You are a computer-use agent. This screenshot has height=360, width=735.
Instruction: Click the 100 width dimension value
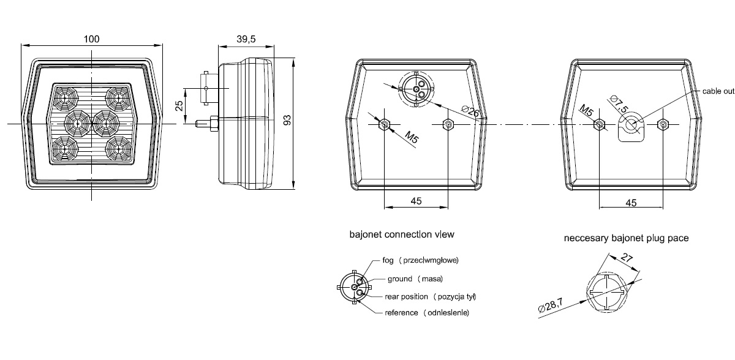coord(91,39)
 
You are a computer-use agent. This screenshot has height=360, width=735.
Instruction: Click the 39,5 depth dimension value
coord(246,39)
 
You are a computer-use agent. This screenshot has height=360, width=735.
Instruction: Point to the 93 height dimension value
coord(287,120)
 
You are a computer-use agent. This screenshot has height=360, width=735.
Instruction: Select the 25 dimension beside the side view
coord(179,106)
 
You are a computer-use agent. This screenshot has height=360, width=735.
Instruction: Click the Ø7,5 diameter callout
coord(619,104)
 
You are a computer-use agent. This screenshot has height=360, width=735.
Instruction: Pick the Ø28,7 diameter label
coord(551,306)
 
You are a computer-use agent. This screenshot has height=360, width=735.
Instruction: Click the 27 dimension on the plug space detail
coord(627,257)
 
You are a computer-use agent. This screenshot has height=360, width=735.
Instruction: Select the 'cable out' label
coord(718,91)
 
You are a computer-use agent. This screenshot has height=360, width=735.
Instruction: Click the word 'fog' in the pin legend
coord(388,260)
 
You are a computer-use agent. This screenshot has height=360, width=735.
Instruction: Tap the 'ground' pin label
coord(399,279)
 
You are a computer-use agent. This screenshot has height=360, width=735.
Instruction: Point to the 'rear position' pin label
coord(406,296)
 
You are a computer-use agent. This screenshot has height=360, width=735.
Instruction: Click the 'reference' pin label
coord(401,312)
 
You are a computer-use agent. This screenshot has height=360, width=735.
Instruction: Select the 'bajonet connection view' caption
coord(402,234)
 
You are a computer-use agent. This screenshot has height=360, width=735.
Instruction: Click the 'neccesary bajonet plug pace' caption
coord(626,238)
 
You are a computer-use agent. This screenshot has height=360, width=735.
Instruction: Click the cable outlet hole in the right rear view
coord(631,124)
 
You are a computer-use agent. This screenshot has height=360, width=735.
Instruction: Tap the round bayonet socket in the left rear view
coord(416,89)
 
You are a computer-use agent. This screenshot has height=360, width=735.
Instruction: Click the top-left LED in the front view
coord(65,97)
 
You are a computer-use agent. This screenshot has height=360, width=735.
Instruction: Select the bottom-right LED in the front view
coord(119,149)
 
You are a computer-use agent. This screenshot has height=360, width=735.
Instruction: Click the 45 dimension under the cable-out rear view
coord(631,203)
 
